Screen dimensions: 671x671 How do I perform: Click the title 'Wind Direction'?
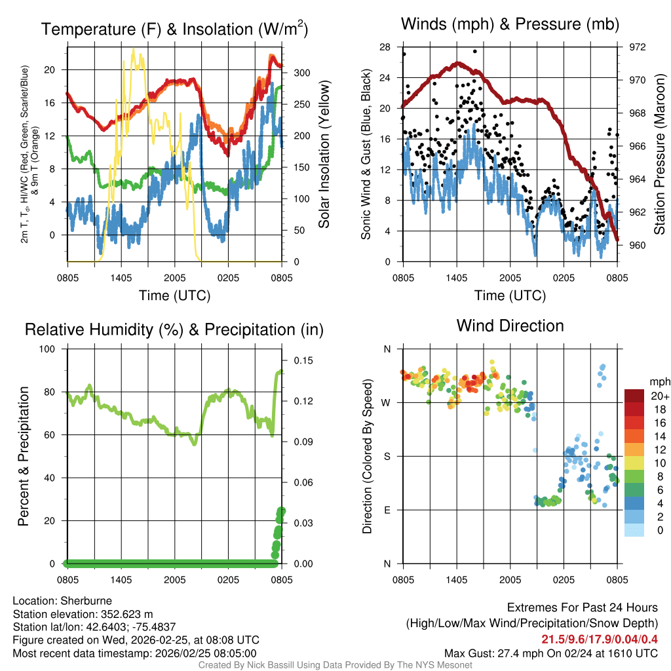510,326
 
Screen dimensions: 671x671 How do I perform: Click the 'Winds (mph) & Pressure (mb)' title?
510,24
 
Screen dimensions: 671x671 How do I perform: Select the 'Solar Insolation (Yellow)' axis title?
324,155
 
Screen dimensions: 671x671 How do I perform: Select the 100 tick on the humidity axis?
49,349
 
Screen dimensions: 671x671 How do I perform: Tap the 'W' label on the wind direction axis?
387,403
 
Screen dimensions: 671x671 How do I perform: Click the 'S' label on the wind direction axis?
387,457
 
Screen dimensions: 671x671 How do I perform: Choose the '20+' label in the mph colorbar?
659,396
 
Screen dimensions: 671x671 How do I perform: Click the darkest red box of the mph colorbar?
634,396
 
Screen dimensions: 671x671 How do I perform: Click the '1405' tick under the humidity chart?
122,580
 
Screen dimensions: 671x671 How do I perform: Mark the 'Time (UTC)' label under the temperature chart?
174,296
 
